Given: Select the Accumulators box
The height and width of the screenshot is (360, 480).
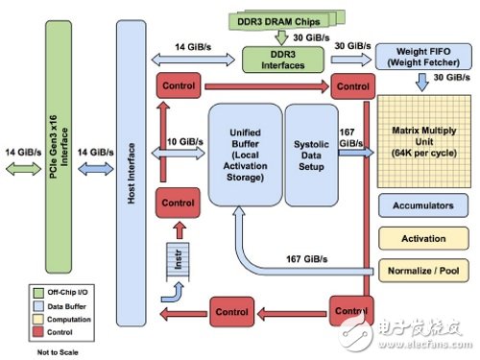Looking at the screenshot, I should point(421,204).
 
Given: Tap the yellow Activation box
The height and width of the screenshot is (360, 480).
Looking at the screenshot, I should point(421,236).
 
